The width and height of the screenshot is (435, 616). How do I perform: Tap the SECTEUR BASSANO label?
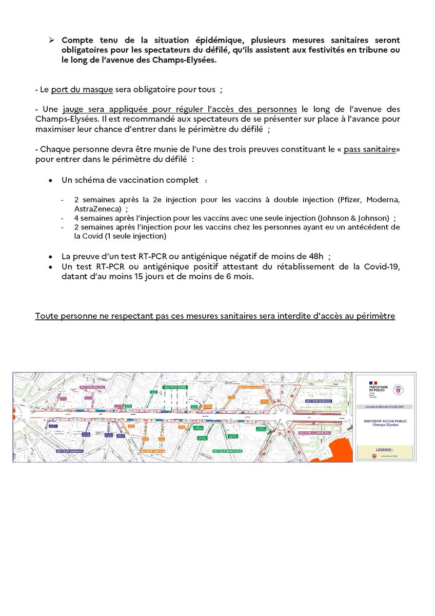(70, 451)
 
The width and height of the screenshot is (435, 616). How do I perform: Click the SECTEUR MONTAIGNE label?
(227, 451)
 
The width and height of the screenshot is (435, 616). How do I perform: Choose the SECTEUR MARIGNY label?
(319, 401)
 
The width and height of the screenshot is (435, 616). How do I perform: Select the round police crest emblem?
(395, 391)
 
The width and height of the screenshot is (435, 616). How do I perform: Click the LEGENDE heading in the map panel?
(385, 448)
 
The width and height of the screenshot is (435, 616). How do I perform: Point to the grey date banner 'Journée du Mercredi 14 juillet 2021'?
(385, 407)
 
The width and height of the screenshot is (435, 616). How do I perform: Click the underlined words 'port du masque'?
(82, 89)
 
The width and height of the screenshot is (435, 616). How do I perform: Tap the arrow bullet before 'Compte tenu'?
(51, 40)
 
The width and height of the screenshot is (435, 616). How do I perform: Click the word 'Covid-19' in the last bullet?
(379, 266)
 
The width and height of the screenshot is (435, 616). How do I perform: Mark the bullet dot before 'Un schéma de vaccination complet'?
(50, 181)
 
